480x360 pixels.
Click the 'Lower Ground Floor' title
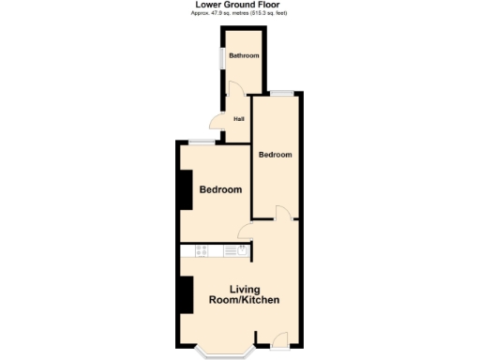click(x=239, y=5)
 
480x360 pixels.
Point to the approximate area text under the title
click(x=239, y=13)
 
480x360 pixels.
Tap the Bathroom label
click(x=245, y=56)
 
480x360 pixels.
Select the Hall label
click(x=239, y=119)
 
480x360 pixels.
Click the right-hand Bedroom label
click(x=276, y=154)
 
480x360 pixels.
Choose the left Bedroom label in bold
click(x=220, y=189)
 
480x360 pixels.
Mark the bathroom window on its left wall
click(x=222, y=57)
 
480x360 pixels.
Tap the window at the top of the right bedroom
click(x=283, y=92)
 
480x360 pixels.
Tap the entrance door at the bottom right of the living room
click(x=278, y=339)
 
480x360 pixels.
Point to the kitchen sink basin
click(x=243, y=249)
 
